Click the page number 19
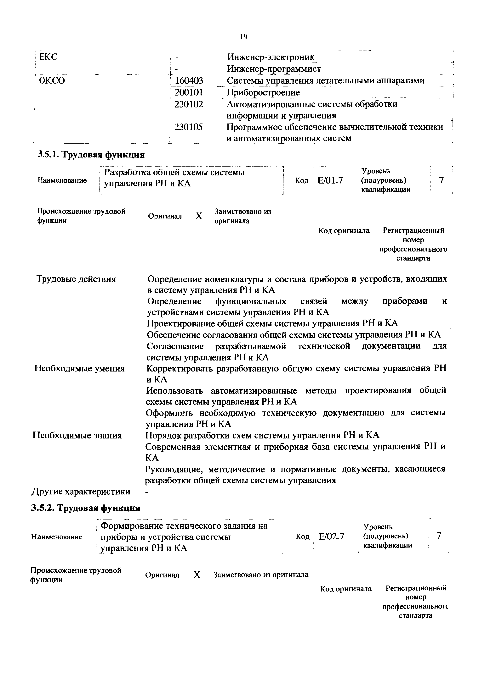pos(243,37)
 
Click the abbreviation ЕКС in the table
pos(48,57)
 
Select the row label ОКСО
pos(52,80)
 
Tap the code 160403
pos(189,80)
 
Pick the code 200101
pos(189,92)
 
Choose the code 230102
pos(189,104)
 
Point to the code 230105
pos(189,127)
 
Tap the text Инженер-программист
pos(274,69)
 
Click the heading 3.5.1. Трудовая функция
pos(91,155)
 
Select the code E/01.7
pos(330,180)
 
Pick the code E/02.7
pos(331,536)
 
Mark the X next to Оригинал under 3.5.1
pos(199,216)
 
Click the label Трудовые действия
pos(76,279)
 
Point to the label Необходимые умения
pos(79,368)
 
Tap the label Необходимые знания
pos(77,436)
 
